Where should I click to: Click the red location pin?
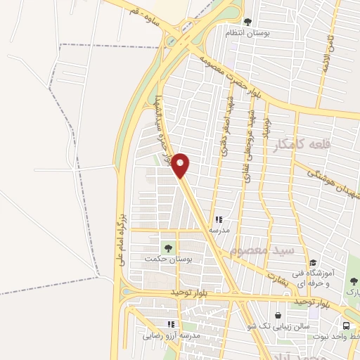click(181, 165)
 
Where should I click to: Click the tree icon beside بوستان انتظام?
click(247, 22)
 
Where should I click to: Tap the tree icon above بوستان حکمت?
click(167, 247)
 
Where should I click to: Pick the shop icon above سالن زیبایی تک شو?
click(281, 315)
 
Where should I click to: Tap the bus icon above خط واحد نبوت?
click(347, 326)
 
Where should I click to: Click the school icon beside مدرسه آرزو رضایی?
click(169, 324)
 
